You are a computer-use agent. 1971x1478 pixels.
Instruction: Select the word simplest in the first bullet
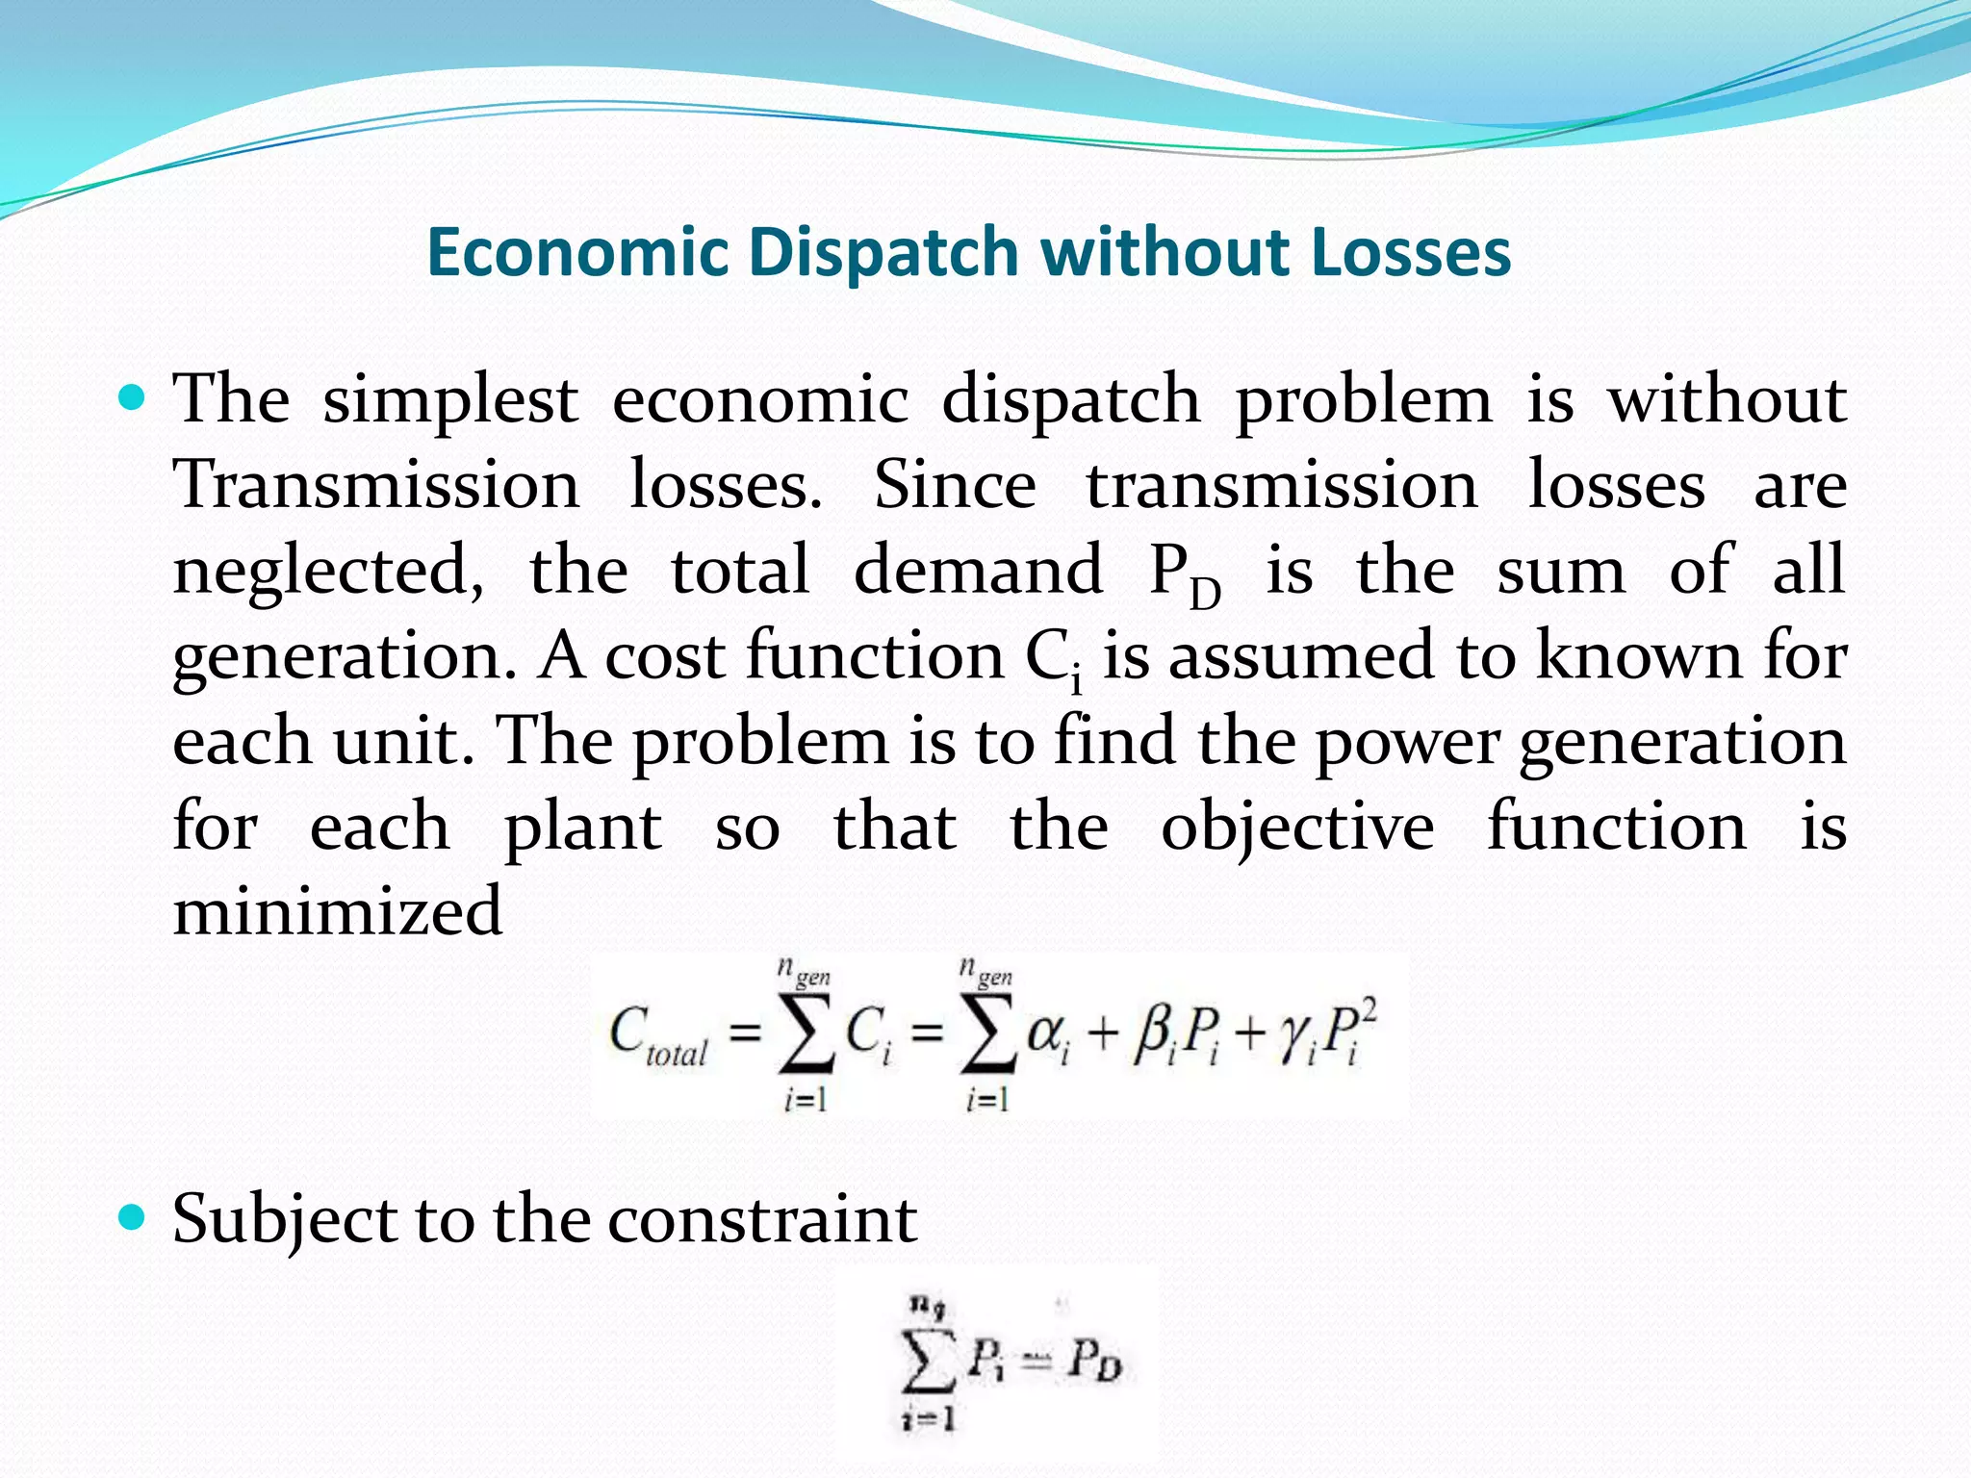tap(450, 401)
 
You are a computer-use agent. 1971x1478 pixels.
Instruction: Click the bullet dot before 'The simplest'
tap(131, 396)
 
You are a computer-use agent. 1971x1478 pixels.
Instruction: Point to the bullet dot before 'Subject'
tap(131, 1218)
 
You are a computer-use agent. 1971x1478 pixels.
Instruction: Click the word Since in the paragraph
tap(955, 484)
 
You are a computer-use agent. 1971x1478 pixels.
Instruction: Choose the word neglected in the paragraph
tap(328, 571)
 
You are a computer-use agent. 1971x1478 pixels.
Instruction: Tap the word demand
tap(978, 569)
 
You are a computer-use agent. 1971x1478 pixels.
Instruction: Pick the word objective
tap(1297, 828)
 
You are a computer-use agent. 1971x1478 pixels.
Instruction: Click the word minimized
tap(337, 911)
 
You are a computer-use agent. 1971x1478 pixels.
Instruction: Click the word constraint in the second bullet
tap(762, 1220)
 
